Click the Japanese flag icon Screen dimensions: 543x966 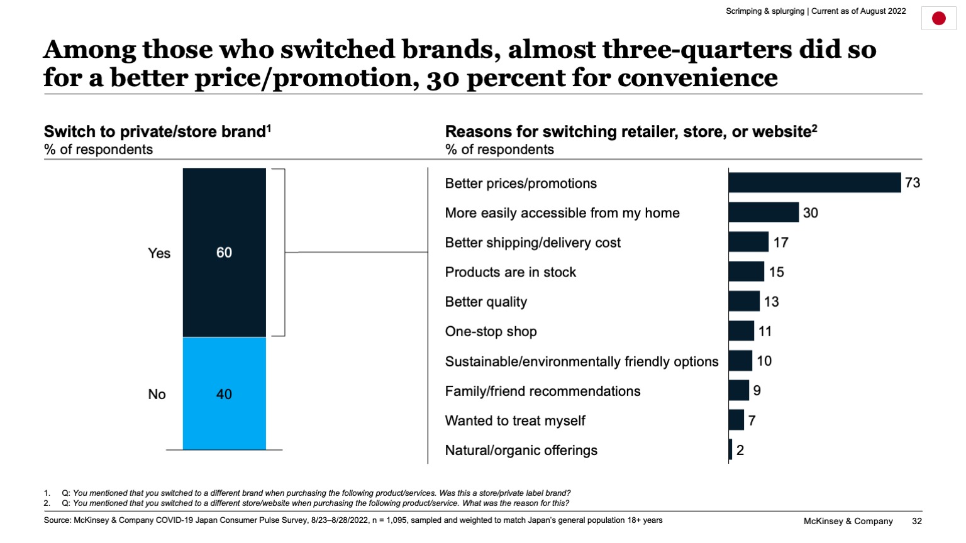click(x=938, y=18)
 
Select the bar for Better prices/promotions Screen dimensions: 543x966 click(x=814, y=183)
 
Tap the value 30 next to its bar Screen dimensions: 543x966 click(x=810, y=213)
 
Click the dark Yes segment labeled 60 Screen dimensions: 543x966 click(x=224, y=253)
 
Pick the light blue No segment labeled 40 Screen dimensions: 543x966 click(x=224, y=394)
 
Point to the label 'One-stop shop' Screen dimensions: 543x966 click(x=491, y=332)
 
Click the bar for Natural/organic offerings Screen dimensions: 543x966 click(x=730, y=450)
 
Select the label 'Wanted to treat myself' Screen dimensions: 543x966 click(x=515, y=421)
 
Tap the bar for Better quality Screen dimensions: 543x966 click(x=744, y=302)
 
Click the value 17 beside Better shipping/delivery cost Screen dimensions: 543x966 click(x=780, y=243)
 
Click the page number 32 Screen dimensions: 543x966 click(x=917, y=521)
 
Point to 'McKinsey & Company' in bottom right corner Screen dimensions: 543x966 click(x=848, y=521)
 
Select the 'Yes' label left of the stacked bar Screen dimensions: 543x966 click(x=159, y=253)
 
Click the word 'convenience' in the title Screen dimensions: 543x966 click(x=697, y=78)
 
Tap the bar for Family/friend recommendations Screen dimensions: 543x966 click(x=738, y=390)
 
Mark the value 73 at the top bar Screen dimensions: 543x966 click(x=912, y=183)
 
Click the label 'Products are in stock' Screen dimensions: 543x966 click(x=510, y=272)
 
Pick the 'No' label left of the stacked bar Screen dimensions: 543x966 click(x=157, y=395)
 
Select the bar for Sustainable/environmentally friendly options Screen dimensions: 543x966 click(x=740, y=361)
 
